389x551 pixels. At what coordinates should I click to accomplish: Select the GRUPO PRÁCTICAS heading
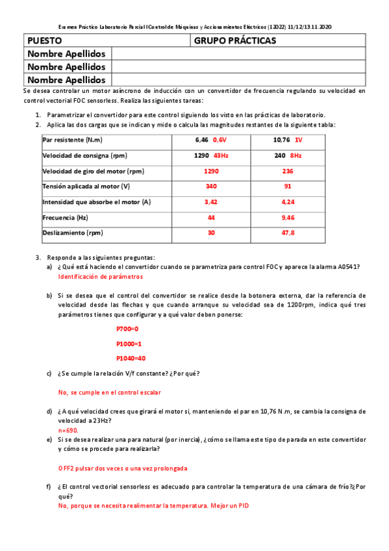click(234, 41)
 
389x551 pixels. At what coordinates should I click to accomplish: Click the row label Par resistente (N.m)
click(73, 140)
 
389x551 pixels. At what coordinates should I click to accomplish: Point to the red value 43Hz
click(221, 155)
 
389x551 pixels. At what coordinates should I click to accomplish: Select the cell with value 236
click(288, 171)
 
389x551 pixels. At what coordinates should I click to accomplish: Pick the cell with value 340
click(211, 186)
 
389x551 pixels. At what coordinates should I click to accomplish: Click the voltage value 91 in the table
click(288, 186)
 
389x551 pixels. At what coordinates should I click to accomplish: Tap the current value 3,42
click(211, 202)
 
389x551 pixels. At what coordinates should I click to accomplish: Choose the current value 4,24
click(288, 202)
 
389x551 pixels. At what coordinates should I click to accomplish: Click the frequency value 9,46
click(288, 218)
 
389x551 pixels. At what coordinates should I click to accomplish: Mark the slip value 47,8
click(288, 233)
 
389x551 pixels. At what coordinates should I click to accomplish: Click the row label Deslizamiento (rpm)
click(73, 233)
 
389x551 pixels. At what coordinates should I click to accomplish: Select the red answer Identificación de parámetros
click(100, 277)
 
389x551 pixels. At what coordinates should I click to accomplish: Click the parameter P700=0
click(127, 329)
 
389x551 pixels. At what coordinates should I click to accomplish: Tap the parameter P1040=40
click(131, 358)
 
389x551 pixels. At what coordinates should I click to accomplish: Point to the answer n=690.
click(68, 430)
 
